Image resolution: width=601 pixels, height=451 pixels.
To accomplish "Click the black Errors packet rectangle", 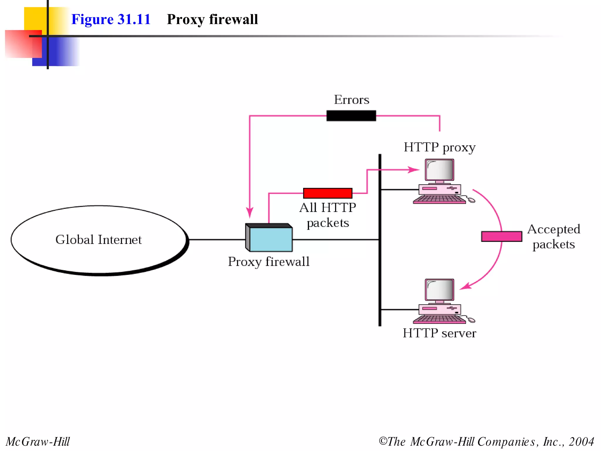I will pos(351,116).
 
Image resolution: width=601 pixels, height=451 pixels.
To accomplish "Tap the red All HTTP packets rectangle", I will pos(327,193).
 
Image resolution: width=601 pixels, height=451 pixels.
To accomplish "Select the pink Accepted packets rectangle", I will pos(502,236).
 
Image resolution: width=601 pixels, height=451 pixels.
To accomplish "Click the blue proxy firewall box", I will pos(271,239).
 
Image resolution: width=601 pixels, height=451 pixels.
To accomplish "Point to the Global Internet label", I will pos(99,240).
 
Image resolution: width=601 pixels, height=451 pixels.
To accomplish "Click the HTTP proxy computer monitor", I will pos(439,170).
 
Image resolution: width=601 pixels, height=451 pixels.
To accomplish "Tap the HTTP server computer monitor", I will pos(439,290).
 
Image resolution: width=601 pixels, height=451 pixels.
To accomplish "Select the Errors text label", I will pos(352,100).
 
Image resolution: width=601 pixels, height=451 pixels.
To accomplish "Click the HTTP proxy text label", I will pos(439,147).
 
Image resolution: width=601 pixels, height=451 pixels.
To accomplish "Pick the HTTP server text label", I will pos(439,333).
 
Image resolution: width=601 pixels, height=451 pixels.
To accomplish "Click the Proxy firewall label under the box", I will pos(269,262).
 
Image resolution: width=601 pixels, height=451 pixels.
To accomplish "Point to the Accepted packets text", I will pos(553,237).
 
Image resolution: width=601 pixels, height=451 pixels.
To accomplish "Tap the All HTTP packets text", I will pos(327,215).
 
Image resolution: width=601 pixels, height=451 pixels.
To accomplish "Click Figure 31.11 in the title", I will pos(111,19).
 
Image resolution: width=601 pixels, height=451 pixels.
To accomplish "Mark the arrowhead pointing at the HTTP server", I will pos(465,286).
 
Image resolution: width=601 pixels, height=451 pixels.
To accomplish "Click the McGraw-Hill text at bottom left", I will pos(38,442).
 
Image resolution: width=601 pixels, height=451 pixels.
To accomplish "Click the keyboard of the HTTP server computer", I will pos(439,319).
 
